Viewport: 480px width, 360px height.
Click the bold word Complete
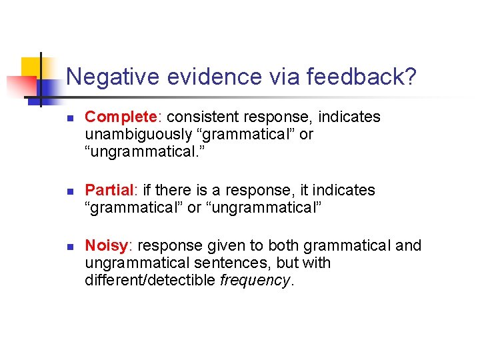point(121,117)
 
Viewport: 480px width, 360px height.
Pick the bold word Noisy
point(106,246)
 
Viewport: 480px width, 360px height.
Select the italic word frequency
point(255,280)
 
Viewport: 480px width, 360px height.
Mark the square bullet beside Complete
point(69,118)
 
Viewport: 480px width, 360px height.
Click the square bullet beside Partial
point(69,191)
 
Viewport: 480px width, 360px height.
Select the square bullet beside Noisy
point(69,247)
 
